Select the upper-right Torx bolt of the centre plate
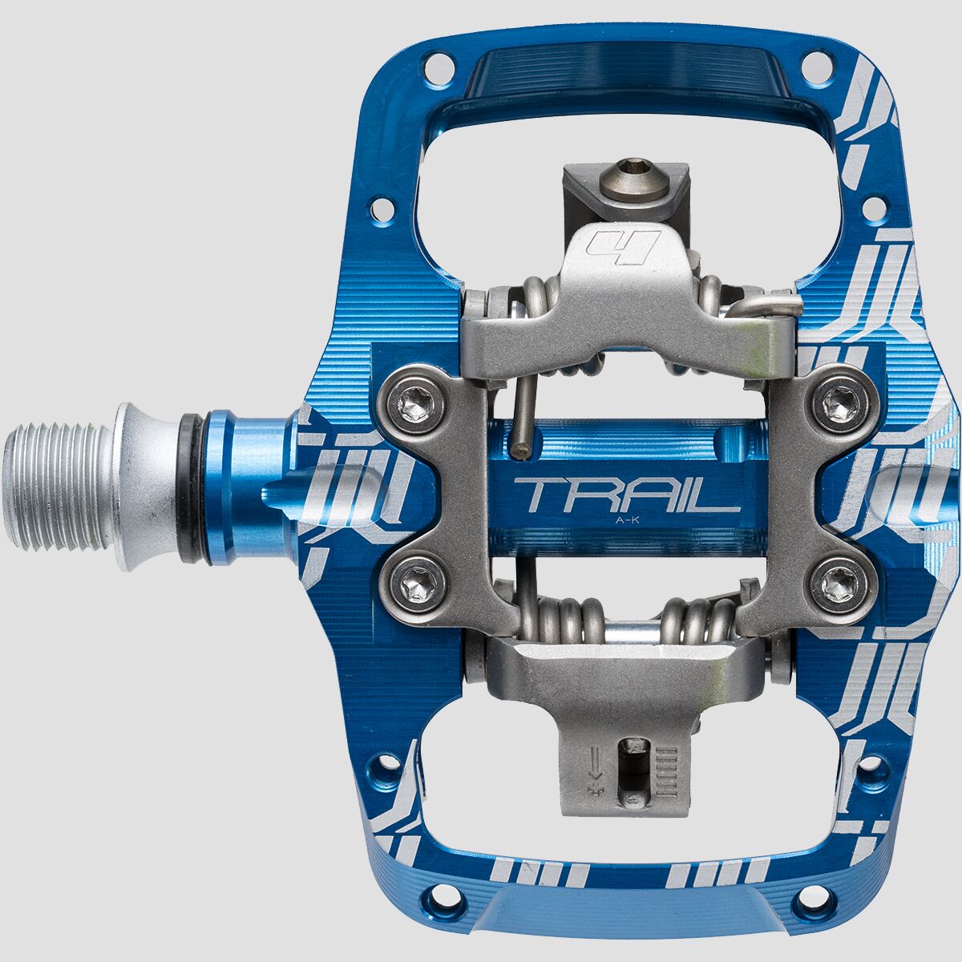tap(836, 397)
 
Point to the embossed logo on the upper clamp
tap(624, 245)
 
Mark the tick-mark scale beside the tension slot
tap(667, 770)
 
